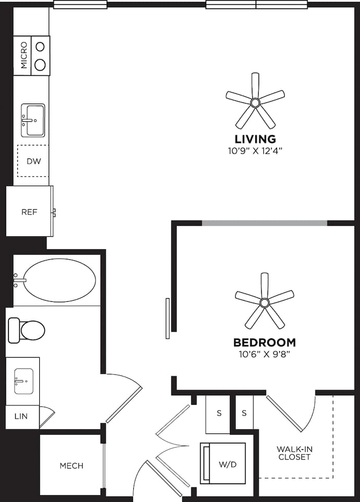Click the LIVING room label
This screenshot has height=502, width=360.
pyautogui.click(x=255, y=139)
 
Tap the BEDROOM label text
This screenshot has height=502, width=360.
pyautogui.click(x=264, y=343)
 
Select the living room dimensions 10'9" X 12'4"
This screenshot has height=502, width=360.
pyautogui.click(x=255, y=151)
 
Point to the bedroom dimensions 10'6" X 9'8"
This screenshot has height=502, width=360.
pyautogui.click(x=264, y=354)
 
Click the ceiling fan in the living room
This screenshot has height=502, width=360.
pyautogui.click(x=255, y=102)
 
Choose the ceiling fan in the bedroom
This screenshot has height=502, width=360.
pyautogui.click(x=264, y=302)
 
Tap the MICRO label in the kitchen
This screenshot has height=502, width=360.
pyautogui.click(x=24, y=56)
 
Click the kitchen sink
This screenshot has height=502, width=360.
pyautogui.click(x=32, y=120)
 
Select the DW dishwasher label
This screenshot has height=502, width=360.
pyautogui.click(x=33, y=161)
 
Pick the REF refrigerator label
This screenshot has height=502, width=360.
pyautogui.click(x=29, y=212)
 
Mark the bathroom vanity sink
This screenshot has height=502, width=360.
pyautogui.click(x=24, y=381)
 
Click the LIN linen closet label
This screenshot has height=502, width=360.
pyautogui.click(x=21, y=417)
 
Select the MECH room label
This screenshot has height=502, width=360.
pyautogui.click(x=71, y=465)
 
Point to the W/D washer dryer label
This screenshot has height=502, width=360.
pyautogui.click(x=226, y=463)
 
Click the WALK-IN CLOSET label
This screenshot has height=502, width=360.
pyautogui.click(x=294, y=453)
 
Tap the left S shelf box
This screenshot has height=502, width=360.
pyautogui.click(x=219, y=413)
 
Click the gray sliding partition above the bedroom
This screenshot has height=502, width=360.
pyautogui.click(x=264, y=223)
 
